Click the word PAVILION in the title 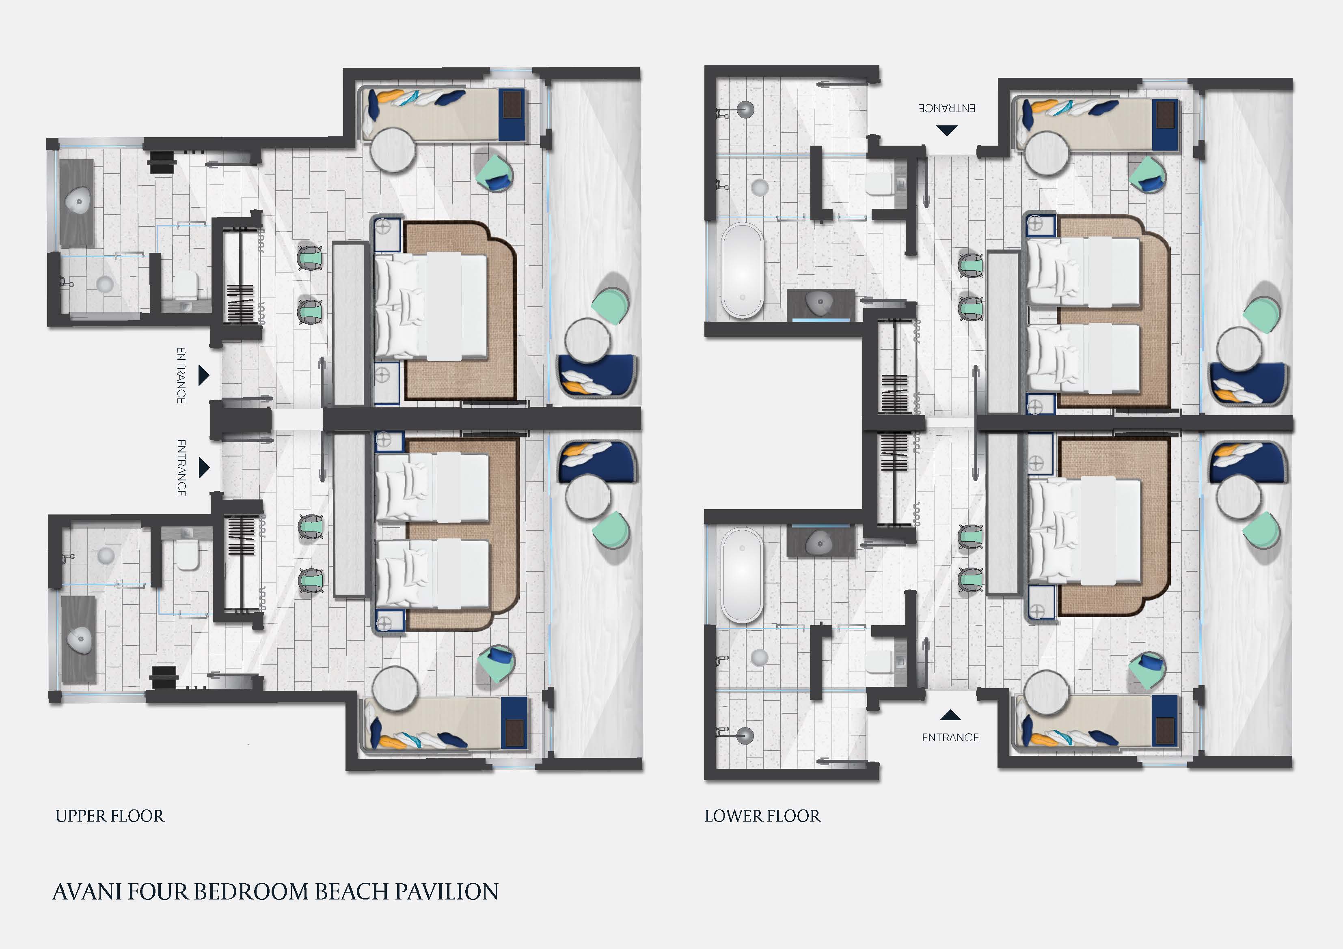(x=447, y=892)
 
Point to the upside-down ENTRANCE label (x=946, y=108)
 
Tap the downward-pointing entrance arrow (x=947, y=130)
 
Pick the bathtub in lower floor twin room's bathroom (x=742, y=270)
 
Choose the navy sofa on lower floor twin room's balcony (x=1248, y=383)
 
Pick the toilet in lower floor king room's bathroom (x=879, y=663)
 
